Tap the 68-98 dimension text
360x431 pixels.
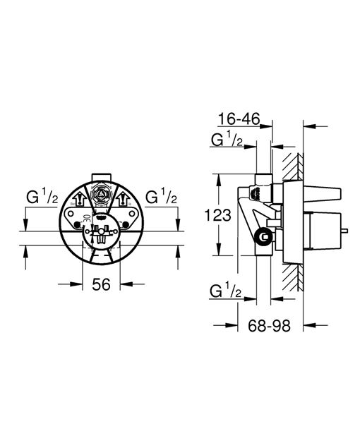272,327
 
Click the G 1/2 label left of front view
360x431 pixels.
42,196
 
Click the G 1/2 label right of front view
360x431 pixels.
160,196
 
